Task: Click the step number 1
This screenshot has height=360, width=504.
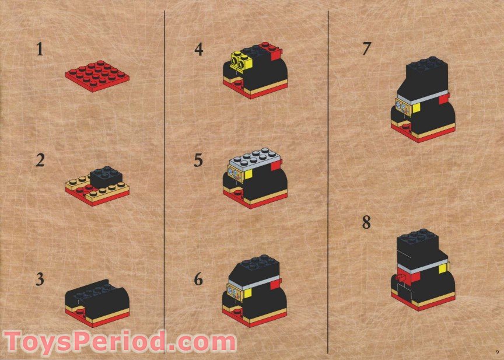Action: (40, 50)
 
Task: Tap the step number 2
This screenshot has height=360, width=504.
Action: (40, 160)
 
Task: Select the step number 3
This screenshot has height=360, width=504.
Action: (40, 279)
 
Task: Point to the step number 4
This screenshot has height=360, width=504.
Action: (199, 50)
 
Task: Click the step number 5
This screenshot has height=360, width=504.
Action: (198, 160)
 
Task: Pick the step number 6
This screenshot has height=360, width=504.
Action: (198, 279)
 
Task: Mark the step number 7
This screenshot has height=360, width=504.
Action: (366, 49)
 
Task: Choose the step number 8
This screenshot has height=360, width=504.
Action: (366, 222)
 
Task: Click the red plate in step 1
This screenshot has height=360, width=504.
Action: (97, 76)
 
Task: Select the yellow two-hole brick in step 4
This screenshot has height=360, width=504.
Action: (240, 61)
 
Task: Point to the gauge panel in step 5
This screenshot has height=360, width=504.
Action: (235, 175)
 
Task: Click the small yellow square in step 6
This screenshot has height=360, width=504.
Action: (247, 293)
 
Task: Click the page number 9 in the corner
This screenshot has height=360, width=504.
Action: (497, 351)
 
